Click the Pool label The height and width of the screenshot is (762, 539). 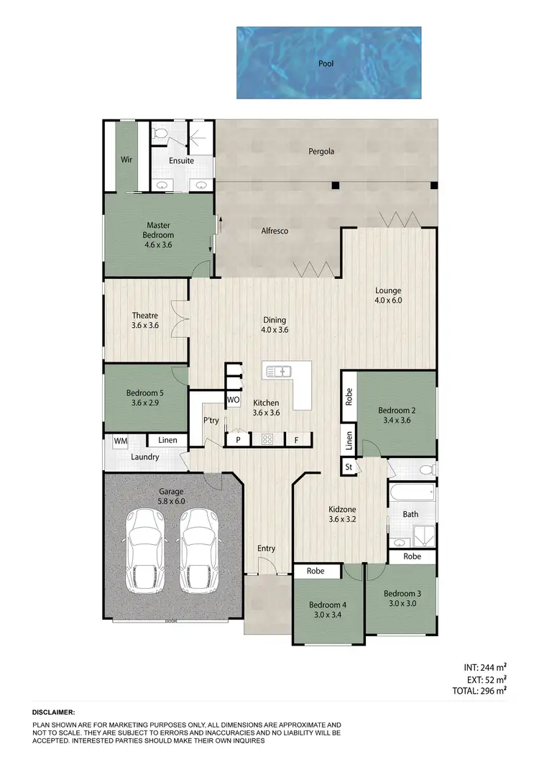coord(326,63)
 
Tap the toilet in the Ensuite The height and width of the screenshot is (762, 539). coord(162,133)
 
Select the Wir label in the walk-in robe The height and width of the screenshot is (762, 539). coord(126,160)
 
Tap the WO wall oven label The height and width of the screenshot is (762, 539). coord(233,400)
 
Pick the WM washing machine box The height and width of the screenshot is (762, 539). coord(119,440)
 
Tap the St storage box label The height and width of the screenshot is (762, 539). coord(349,467)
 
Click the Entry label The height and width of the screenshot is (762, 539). coord(267,548)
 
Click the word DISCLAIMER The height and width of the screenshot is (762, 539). coord(53,712)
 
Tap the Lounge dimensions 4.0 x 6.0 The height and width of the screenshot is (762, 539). coord(389,300)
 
